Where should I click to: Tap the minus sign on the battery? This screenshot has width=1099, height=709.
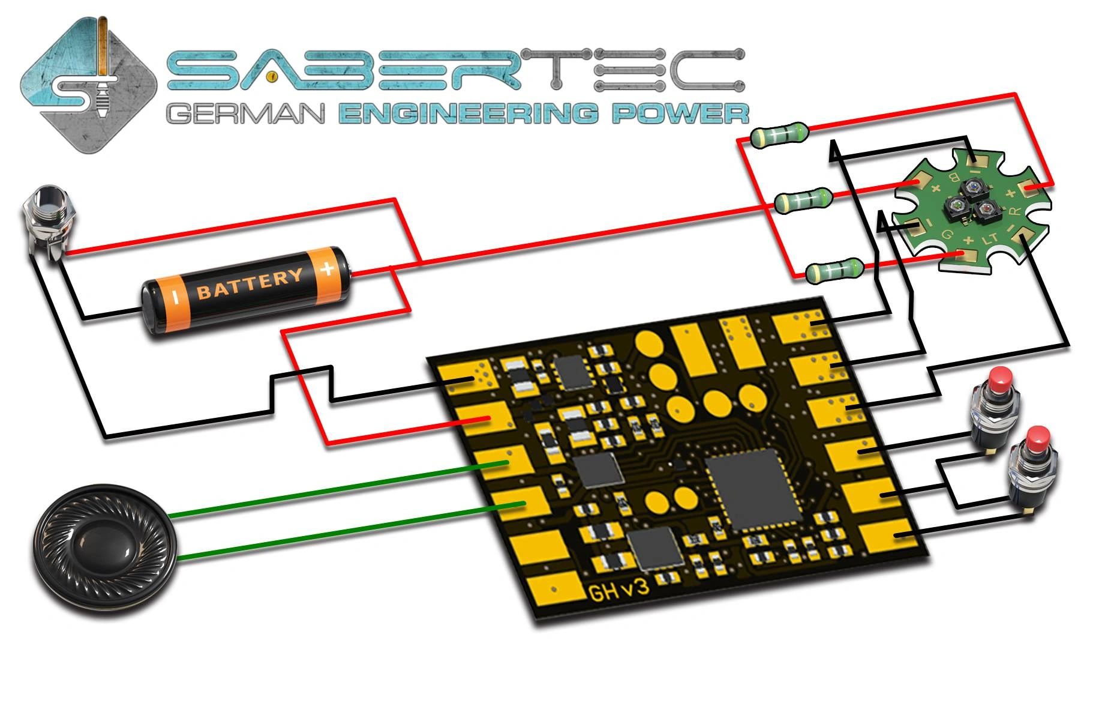point(175,296)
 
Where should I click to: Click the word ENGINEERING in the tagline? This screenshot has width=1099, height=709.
point(469,112)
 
